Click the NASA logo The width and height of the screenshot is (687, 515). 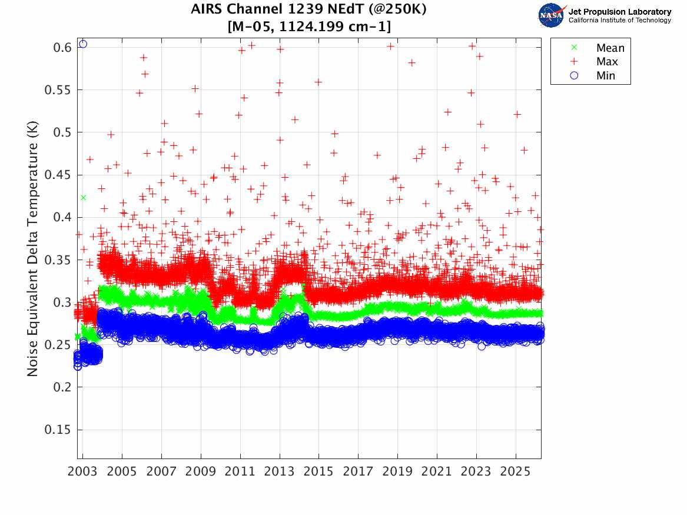tap(552, 15)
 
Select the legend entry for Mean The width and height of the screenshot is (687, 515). tap(610, 48)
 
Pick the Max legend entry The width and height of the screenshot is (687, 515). tap(607, 62)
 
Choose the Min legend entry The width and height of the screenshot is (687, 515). tap(606, 75)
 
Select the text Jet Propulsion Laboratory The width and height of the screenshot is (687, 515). tap(619, 12)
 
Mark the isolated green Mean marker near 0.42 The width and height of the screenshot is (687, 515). tap(83, 198)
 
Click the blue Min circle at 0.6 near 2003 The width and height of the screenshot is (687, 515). tap(83, 44)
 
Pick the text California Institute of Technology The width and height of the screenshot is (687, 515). tap(619, 21)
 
